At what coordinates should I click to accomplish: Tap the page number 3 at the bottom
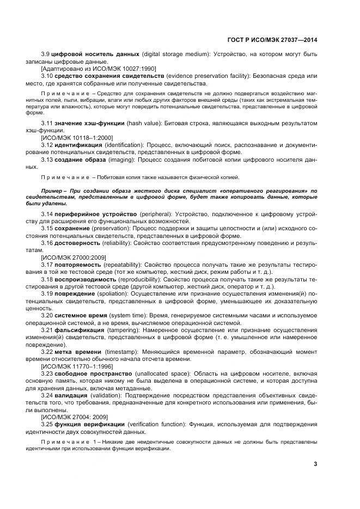(315, 464)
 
